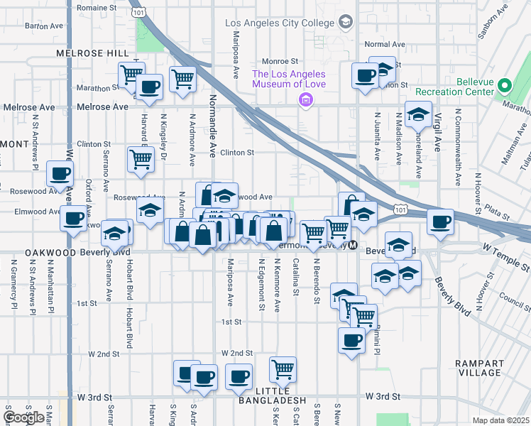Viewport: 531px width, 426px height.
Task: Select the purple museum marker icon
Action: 306,100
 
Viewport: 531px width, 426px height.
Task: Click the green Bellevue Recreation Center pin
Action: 504,86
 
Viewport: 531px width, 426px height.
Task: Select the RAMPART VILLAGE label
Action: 479,368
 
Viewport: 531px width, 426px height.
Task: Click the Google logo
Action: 24,417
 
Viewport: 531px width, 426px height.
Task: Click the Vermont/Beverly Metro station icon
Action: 353,245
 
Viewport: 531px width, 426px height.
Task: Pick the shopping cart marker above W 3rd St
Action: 283,369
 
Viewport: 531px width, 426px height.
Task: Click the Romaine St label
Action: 97,8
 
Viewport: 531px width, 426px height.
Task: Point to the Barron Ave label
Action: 45,26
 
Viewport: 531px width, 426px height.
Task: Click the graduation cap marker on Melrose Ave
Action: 418,114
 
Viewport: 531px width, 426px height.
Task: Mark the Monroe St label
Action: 280,61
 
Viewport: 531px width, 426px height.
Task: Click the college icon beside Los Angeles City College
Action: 346,22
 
